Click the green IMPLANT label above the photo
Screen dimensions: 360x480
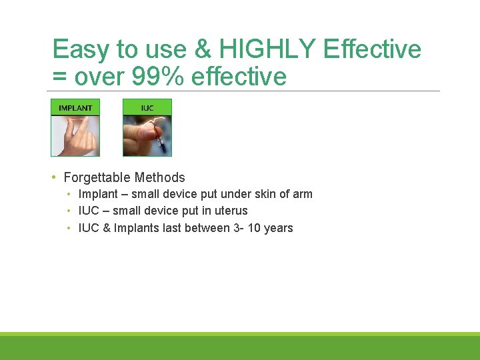tap(75, 107)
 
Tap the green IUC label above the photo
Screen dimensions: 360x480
tap(147, 107)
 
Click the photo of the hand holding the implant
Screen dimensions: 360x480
tap(75, 136)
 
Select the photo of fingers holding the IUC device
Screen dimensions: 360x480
tap(147, 136)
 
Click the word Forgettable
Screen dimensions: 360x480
tap(97, 177)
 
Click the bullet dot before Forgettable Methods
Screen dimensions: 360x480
tap(53, 177)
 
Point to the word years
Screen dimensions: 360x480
tap(279, 228)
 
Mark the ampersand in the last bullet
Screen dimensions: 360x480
tap(105, 228)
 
